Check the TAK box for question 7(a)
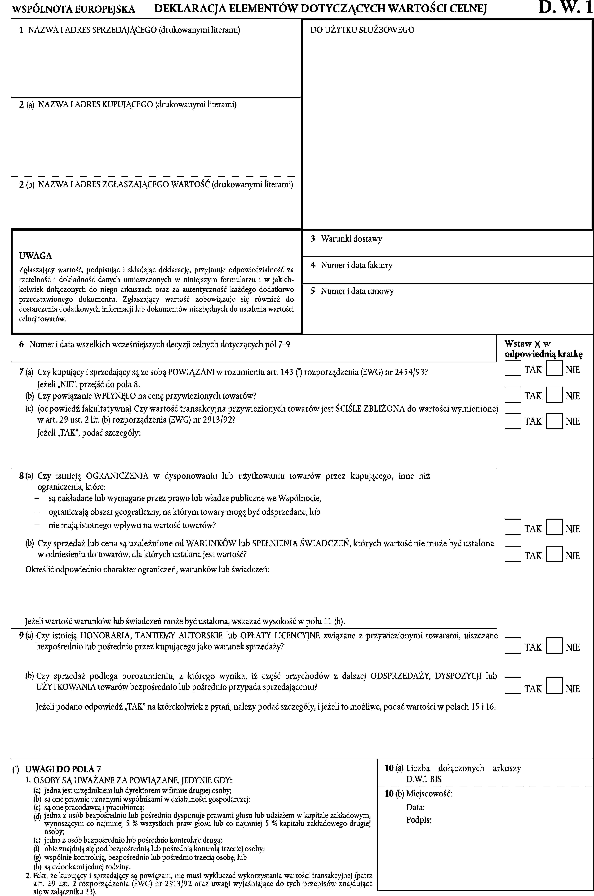point(513,368)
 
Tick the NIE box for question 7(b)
point(554,395)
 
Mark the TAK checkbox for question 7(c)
point(513,421)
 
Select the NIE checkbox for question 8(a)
point(554,527)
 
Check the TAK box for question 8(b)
point(513,554)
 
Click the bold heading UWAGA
point(36,256)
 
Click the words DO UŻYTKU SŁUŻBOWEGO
point(362,30)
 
